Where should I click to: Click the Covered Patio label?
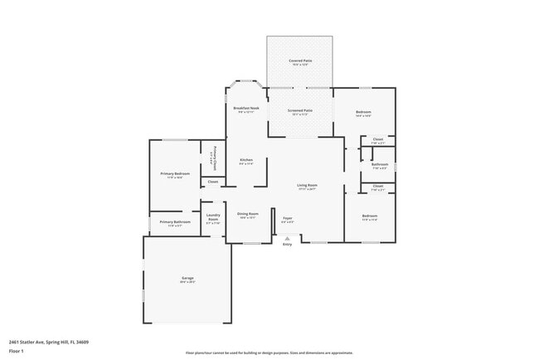[299, 61]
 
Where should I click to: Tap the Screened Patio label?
[299, 110]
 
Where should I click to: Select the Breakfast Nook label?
[246, 108]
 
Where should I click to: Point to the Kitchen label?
[245, 160]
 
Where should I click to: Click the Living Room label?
[308, 186]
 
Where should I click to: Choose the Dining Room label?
[249, 215]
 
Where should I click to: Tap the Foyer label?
[287, 219]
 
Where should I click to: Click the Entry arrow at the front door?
[287, 238]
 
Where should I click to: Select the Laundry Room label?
[213, 219]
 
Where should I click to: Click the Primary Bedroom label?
[175, 173]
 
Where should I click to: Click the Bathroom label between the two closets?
[379, 164]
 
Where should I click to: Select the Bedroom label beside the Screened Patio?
[363, 112]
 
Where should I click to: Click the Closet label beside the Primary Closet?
[212, 181]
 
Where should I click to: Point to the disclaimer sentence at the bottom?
[269, 353]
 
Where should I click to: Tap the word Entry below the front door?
[287, 245]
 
